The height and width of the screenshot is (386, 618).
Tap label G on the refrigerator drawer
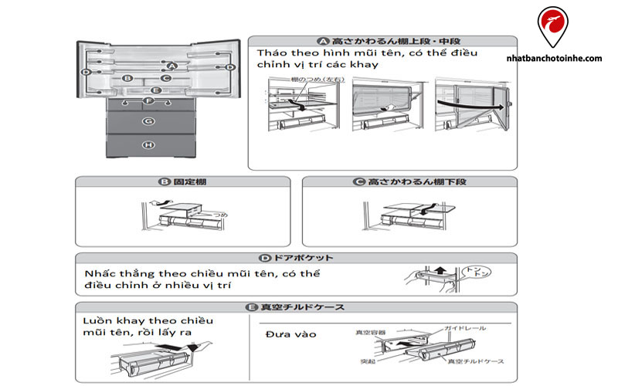pyautogui.click(x=148, y=121)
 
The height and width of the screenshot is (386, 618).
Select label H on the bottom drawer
pyautogui.click(x=148, y=144)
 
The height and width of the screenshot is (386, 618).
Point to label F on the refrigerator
pyautogui.click(x=148, y=101)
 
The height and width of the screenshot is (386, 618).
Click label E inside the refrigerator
pyautogui.click(x=155, y=90)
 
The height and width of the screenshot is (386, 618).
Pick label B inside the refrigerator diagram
pyautogui.click(x=128, y=77)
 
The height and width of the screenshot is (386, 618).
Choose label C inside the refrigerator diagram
pyautogui.click(x=166, y=77)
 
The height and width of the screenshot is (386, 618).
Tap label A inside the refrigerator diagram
pyautogui.click(x=172, y=66)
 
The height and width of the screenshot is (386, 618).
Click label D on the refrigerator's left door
pyautogui.click(x=87, y=72)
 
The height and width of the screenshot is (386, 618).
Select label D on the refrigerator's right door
pyautogui.click(x=229, y=68)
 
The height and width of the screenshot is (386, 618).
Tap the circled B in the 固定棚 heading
pyautogui.click(x=164, y=183)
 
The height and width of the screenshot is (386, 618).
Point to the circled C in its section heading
pyautogui.click(x=358, y=183)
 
